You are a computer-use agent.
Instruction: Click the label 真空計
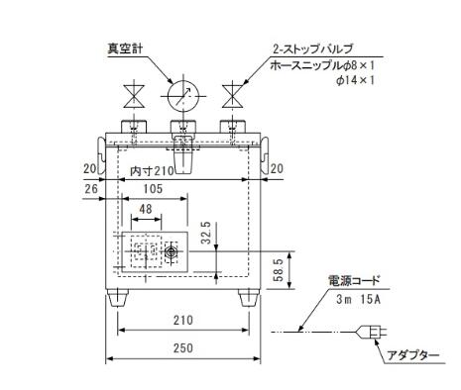(x=125, y=49)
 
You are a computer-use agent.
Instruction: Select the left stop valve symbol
(x=134, y=96)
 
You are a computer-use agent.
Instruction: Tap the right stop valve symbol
(x=233, y=96)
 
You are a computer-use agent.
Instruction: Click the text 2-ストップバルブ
(x=312, y=49)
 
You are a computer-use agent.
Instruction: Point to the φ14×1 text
(x=355, y=80)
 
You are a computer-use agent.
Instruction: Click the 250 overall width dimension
(x=182, y=348)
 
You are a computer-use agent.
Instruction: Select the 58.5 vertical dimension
(x=280, y=270)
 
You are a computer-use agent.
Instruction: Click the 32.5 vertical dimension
(x=206, y=233)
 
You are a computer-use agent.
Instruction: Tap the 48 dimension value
(x=146, y=209)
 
